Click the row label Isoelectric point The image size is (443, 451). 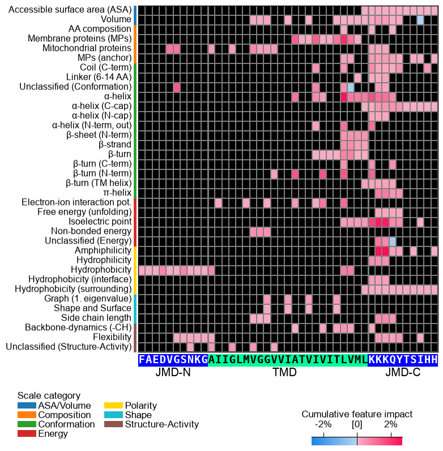(100, 222)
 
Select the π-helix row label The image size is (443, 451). (117, 193)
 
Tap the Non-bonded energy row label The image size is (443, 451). (91, 231)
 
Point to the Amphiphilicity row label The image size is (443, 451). (103, 250)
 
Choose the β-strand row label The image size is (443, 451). (115, 144)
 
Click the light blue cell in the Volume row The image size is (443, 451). (420, 20)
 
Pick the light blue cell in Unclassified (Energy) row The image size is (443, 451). (393, 241)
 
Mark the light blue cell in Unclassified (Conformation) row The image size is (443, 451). (350, 87)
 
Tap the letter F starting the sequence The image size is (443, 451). (142, 360)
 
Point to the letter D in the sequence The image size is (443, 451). (163, 360)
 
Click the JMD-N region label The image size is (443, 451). (173, 372)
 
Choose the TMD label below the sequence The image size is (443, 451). (284, 372)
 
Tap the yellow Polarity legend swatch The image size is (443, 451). (113, 406)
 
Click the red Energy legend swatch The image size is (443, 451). (27, 433)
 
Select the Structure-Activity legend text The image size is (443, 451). (162, 424)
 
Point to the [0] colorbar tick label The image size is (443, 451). (357, 424)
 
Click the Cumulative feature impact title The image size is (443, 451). (357, 414)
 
